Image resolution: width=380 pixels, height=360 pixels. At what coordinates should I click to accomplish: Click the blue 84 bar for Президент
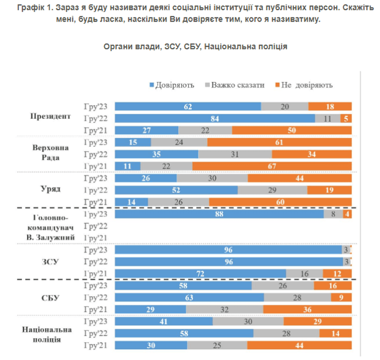(x=215, y=119)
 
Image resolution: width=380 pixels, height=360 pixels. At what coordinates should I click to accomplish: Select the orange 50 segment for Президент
(x=292, y=130)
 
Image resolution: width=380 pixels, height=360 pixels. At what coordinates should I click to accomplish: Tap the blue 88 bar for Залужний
(x=219, y=214)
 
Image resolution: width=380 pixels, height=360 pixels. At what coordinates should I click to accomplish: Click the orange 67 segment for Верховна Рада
(x=272, y=166)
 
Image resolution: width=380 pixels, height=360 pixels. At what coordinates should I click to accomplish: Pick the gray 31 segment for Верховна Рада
(x=235, y=154)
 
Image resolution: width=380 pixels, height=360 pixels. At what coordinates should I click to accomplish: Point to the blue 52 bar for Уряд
(x=176, y=190)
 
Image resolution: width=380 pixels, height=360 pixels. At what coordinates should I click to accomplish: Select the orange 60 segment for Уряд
(x=280, y=202)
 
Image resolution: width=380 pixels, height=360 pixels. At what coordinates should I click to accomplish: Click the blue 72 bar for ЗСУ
(x=200, y=273)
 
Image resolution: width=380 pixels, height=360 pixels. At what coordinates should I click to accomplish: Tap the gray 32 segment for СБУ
(x=225, y=309)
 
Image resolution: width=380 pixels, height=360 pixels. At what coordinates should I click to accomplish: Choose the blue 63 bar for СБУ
(x=189, y=297)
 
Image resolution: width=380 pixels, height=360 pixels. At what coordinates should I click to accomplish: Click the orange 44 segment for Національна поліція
(x=299, y=345)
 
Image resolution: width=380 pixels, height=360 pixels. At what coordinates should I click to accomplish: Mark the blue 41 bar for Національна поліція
(x=163, y=321)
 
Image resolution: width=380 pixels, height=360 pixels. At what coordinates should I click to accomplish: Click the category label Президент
(x=50, y=116)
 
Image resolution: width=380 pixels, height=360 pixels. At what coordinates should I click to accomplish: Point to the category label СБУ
(x=50, y=297)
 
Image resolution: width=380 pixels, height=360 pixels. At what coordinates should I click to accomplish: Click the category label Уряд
(x=51, y=189)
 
